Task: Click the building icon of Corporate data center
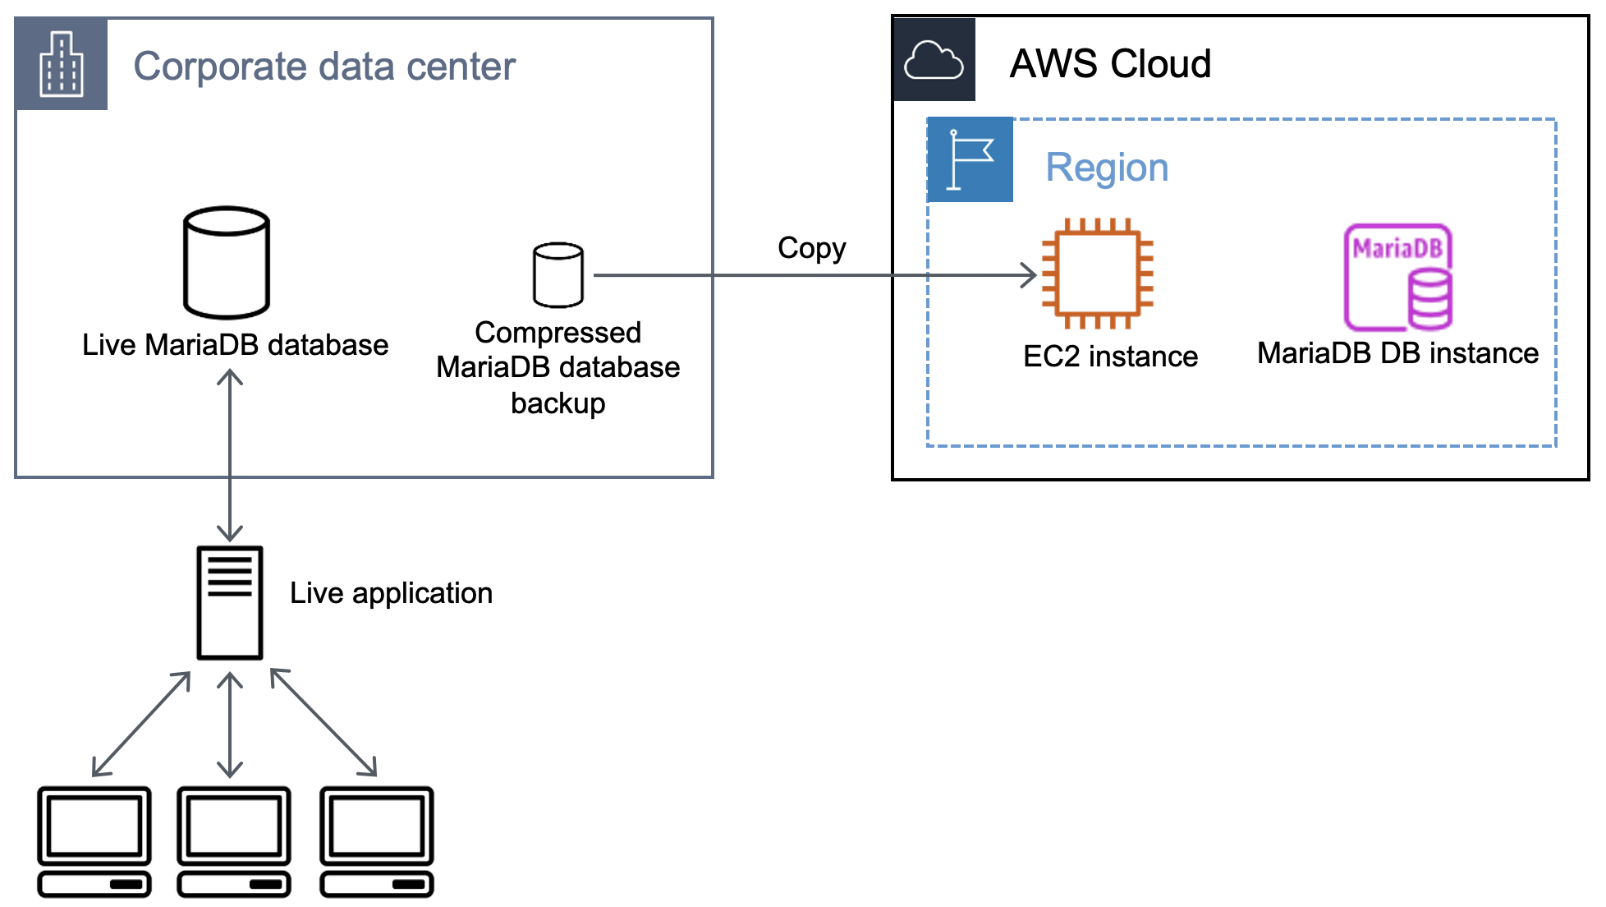pos(62,64)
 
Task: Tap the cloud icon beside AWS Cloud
pos(934,60)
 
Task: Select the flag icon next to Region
pos(970,159)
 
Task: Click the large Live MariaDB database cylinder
pos(227,262)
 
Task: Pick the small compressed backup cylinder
pos(558,274)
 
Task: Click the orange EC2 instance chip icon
pos(1098,274)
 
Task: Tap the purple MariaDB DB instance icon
pos(1398,277)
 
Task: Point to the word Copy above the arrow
pos(811,248)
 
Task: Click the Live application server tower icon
pos(230,602)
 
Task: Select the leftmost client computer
pos(94,840)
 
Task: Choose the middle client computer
pos(234,840)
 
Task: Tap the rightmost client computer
pos(377,840)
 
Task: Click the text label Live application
pos(391,593)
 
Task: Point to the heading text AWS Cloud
pos(1110,64)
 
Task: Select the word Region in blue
pos(1106,168)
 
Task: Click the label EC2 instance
pos(1110,357)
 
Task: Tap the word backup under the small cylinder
pos(558,403)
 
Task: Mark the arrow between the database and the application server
pos(230,456)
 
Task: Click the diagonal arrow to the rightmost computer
pos(323,723)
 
